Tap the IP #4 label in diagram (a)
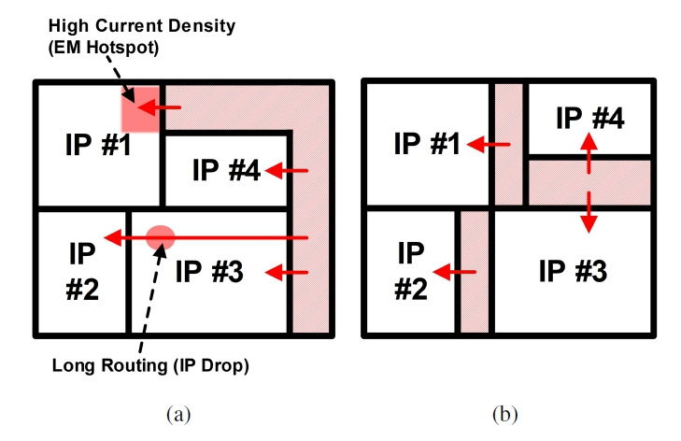pos(226,170)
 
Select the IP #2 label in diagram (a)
pos(82,272)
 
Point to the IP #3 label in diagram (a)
pos(210,273)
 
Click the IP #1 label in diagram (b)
pos(428,144)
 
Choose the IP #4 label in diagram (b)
pos(590,119)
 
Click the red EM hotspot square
pos(139,108)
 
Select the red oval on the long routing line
pos(161,238)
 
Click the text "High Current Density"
pos(103,25)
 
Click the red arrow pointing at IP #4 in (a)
pos(287,170)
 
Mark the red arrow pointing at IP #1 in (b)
pos(489,144)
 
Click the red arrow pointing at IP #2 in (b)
pos(458,272)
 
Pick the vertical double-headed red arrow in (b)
pos(589,182)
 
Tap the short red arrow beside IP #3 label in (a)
pos(287,273)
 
